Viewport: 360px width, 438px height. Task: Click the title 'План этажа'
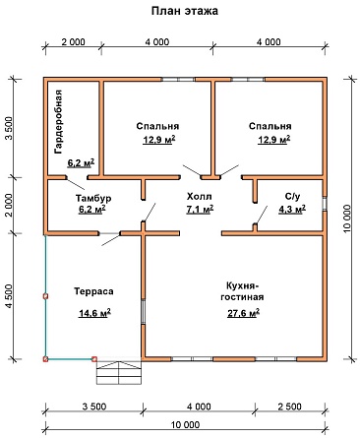tap(185, 11)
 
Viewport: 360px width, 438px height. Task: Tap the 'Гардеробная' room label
tap(58, 122)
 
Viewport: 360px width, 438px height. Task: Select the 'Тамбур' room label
tap(93, 198)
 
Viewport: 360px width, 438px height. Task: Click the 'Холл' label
tap(200, 197)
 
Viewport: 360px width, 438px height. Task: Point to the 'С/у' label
tap(292, 197)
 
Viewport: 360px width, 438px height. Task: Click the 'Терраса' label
tap(93, 291)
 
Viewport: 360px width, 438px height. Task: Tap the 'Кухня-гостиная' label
tap(242, 291)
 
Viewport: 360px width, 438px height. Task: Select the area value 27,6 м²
tap(244, 313)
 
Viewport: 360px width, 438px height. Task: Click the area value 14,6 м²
tap(94, 313)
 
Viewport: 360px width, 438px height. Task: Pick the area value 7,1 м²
tap(200, 209)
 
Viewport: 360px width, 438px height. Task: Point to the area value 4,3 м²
tap(292, 209)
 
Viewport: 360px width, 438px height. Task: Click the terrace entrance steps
tap(119, 372)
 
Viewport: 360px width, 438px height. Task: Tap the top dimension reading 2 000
tap(73, 42)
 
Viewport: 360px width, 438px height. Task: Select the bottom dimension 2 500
tap(289, 407)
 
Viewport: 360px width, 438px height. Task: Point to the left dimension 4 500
tap(9, 296)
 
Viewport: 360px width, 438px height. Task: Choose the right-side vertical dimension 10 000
tap(347, 219)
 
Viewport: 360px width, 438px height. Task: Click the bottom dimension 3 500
tap(94, 407)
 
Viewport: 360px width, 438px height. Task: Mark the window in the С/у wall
tap(325, 204)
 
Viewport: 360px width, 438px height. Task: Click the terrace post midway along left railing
tap(45, 296)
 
